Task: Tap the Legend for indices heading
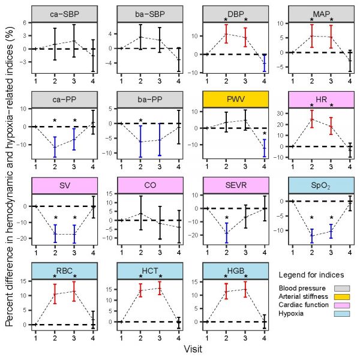[311, 275]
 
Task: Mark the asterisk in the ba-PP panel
[140, 121]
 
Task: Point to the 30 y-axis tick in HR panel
[284, 113]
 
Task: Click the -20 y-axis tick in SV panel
[23, 238]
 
